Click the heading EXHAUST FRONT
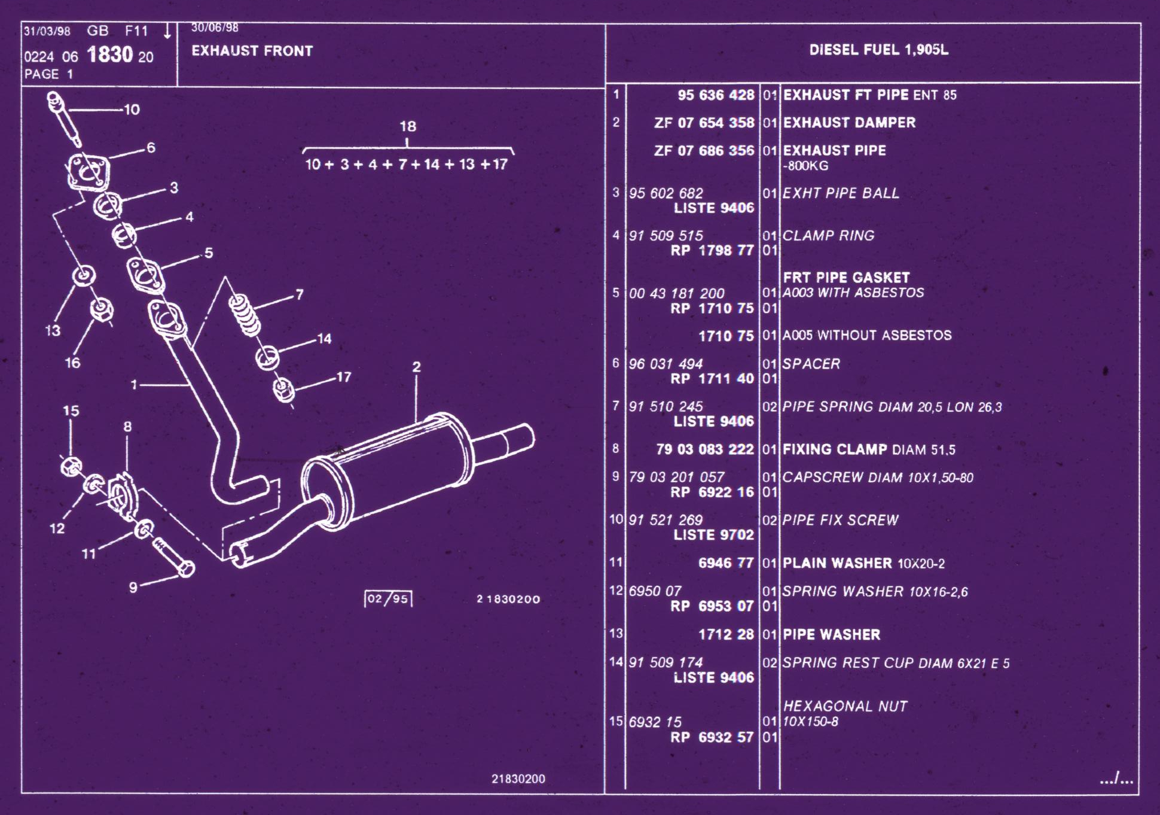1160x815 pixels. [x=252, y=51]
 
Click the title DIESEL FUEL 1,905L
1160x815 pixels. [x=878, y=50]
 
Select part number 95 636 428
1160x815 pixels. [x=716, y=95]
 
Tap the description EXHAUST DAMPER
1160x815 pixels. [x=849, y=123]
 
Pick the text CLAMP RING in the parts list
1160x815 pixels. [x=829, y=236]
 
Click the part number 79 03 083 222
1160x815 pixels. [x=705, y=449]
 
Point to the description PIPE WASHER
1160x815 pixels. [x=832, y=635]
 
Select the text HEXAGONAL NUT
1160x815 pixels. [x=845, y=706]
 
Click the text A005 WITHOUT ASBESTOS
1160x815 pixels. [x=867, y=335]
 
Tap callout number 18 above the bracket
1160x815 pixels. [x=408, y=126]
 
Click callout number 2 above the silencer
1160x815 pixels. [x=416, y=367]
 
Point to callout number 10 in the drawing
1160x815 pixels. [x=132, y=110]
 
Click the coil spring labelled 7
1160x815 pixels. [x=245, y=315]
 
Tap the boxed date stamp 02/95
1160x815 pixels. [x=388, y=599]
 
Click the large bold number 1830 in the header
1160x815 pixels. [x=109, y=55]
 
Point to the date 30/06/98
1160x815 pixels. [x=215, y=28]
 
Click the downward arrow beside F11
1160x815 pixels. [x=167, y=31]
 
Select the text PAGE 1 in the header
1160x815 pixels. [x=48, y=74]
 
